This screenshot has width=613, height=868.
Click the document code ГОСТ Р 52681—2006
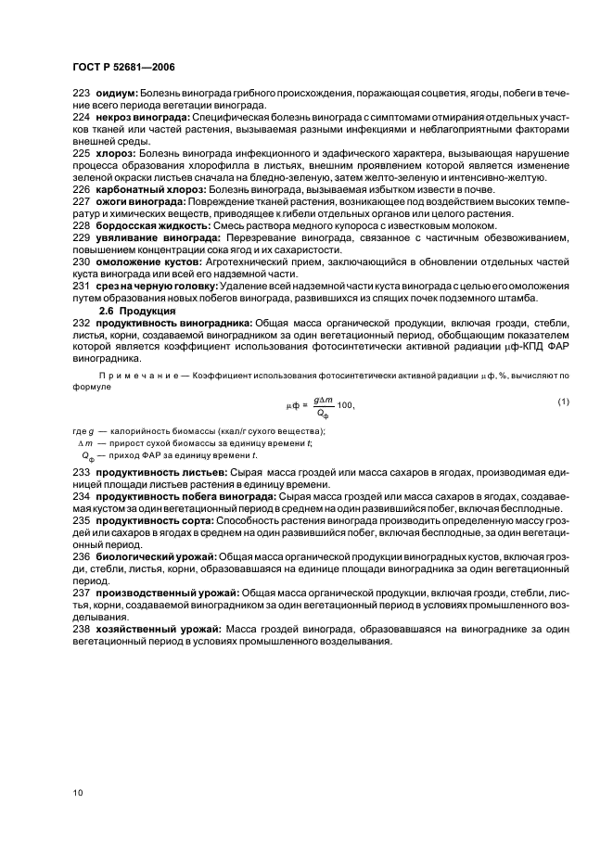[123, 68]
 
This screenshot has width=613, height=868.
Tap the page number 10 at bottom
[79, 793]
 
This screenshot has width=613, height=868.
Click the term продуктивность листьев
[157, 472]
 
